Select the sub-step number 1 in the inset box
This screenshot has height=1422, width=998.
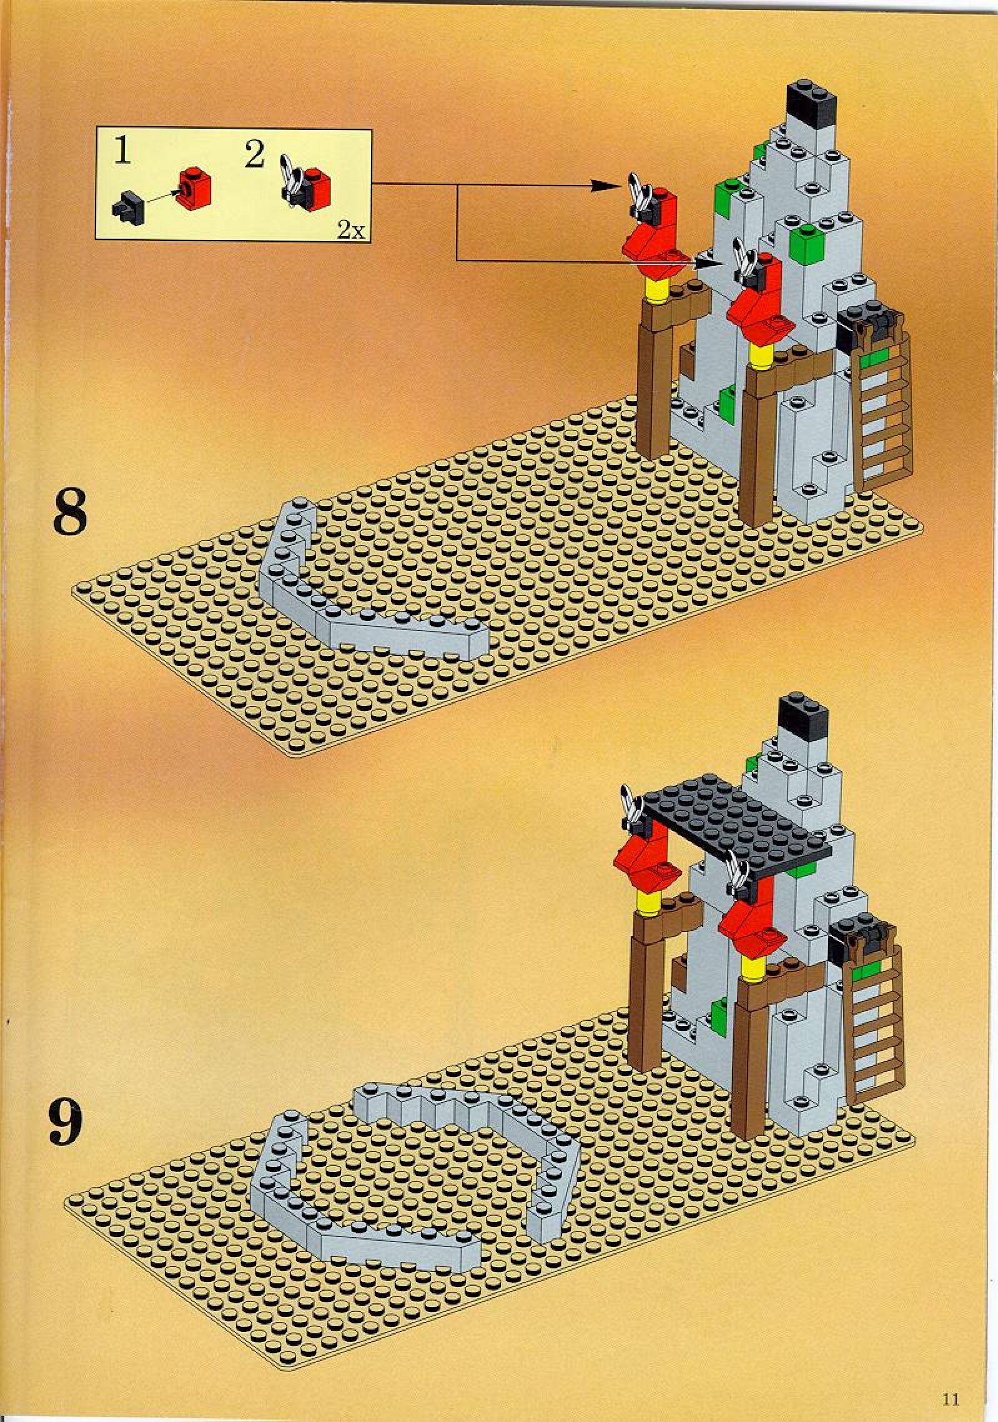click(x=122, y=152)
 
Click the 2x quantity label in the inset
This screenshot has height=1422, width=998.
click(x=350, y=231)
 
